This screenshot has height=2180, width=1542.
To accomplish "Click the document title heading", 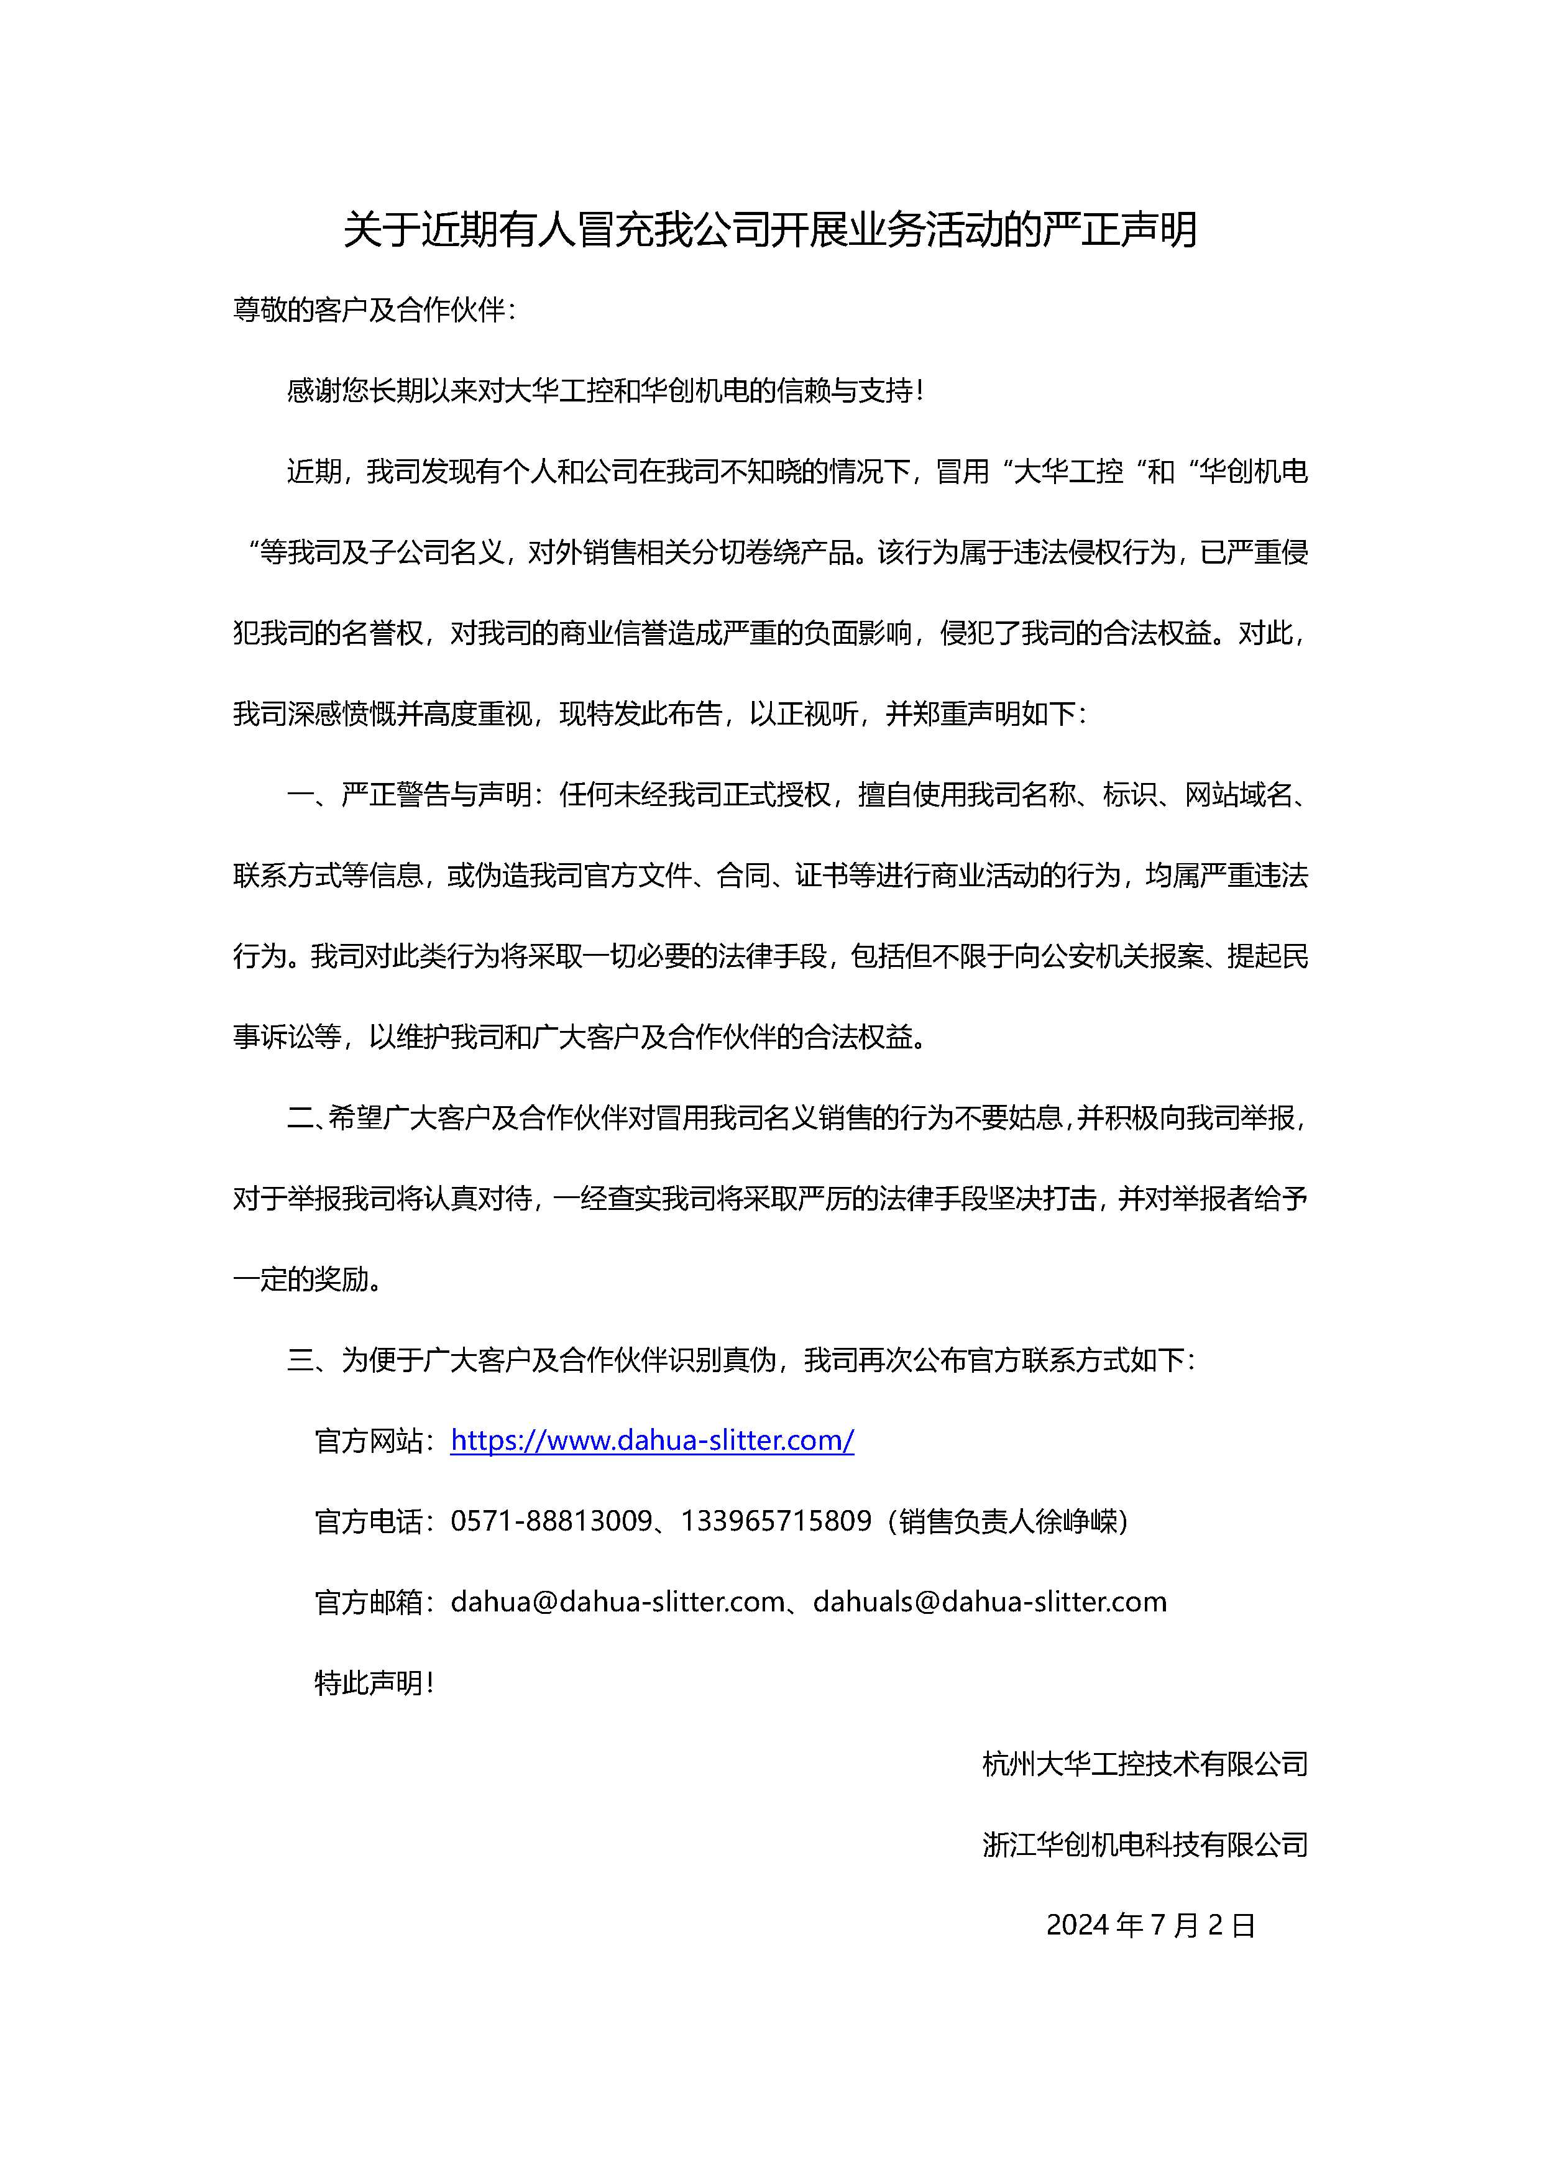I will point(770,230).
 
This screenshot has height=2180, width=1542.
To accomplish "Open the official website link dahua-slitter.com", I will point(653,1440).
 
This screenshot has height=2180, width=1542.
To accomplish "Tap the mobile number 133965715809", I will point(776,1521).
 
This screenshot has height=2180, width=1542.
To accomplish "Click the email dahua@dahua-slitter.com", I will point(617,1602).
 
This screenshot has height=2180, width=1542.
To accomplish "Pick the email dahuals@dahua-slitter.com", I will point(989,1602).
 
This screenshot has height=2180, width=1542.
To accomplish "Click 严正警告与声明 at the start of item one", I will point(437,795).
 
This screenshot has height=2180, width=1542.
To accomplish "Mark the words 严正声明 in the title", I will point(1121,230).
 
